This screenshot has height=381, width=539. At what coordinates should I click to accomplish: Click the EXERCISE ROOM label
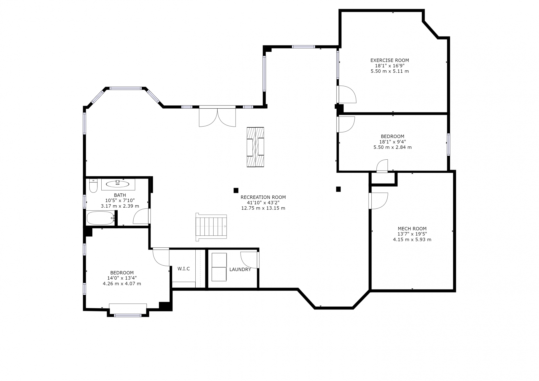point(390,60)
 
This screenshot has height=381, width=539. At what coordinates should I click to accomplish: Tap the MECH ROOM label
point(412,229)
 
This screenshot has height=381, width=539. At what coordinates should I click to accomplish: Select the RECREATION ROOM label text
point(263,197)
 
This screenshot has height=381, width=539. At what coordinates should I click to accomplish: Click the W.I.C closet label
point(184,269)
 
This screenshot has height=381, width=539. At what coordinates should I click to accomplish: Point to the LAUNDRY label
point(240,270)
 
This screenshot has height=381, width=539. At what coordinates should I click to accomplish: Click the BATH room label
point(120,195)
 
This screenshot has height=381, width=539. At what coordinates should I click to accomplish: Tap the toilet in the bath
point(93,186)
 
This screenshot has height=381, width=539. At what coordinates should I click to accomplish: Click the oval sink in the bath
point(117,184)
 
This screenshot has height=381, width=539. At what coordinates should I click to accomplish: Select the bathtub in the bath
point(101,218)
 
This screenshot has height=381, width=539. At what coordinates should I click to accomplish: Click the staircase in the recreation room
point(211,227)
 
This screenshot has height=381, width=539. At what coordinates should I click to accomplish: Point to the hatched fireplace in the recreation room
point(255,147)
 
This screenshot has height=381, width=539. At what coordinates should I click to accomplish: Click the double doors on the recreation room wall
point(217,116)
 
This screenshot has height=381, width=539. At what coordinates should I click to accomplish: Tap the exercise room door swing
point(347,94)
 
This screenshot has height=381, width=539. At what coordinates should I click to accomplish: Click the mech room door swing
point(378,201)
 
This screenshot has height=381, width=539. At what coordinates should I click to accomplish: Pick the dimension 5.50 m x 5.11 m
point(390,71)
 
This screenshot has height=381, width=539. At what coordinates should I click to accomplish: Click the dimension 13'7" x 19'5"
point(412,234)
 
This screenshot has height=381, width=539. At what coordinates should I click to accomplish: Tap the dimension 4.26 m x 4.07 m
point(122,284)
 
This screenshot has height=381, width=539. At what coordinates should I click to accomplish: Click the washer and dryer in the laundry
point(219,267)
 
